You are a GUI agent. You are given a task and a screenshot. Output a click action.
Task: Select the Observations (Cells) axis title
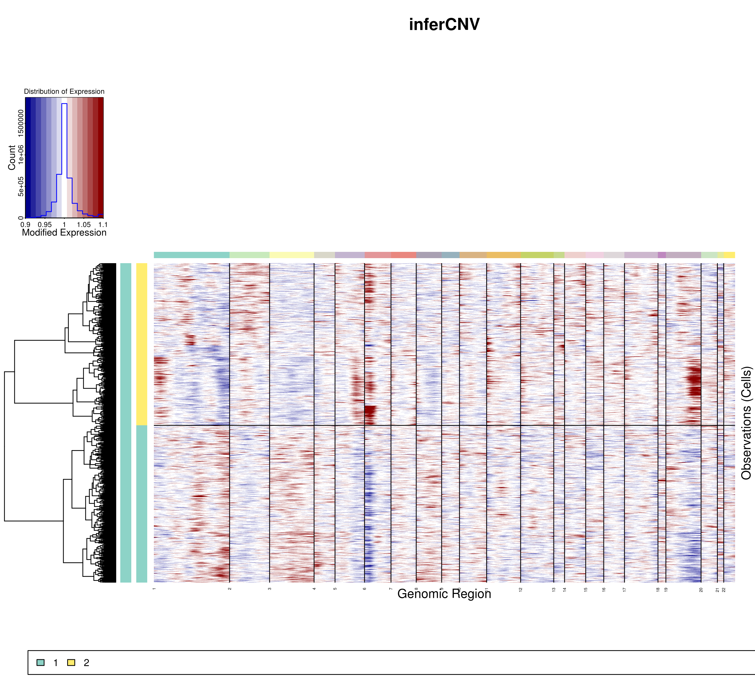[x=746, y=423]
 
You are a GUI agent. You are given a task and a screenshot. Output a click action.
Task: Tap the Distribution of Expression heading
[x=64, y=91]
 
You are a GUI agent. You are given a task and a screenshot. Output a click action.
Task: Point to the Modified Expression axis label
[x=64, y=232]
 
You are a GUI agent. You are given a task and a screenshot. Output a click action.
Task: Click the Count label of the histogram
[x=12, y=157]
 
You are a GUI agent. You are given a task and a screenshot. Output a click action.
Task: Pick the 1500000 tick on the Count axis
[x=21, y=123]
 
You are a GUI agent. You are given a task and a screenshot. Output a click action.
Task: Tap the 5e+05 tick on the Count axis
[x=21, y=186]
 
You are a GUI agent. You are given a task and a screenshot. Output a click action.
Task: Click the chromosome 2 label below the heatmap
[x=230, y=589]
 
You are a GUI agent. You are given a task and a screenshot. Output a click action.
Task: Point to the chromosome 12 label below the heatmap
[x=521, y=590]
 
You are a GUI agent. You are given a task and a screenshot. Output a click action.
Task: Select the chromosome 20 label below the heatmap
[x=701, y=590]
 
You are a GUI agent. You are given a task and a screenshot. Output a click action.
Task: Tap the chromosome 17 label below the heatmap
[x=624, y=590]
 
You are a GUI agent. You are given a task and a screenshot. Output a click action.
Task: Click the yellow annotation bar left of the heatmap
[x=141, y=344]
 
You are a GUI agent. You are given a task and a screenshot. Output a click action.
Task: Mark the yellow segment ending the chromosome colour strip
[x=729, y=255]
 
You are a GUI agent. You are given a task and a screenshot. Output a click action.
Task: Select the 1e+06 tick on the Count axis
[x=21, y=154]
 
